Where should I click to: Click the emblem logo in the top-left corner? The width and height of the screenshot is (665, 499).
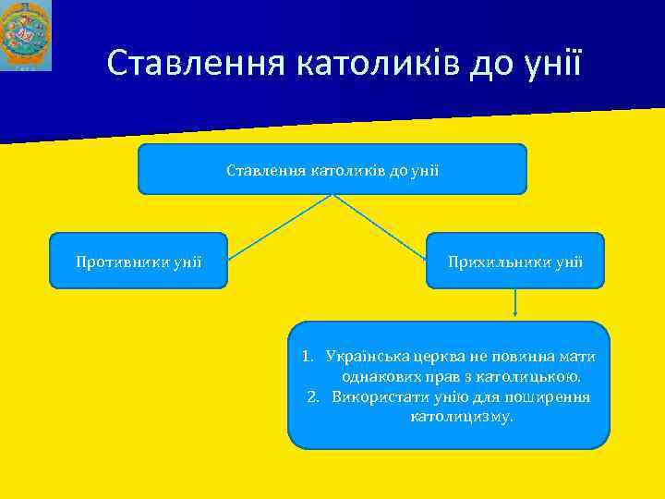tap(26, 35)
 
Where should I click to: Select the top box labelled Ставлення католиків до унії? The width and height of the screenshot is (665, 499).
tap(332, 169)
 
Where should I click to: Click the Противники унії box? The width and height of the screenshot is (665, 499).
tap(139, 261)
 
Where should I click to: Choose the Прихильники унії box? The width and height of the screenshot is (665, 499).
tap(514, 261)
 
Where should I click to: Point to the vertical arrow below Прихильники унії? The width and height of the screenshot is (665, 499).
tap(514, 305)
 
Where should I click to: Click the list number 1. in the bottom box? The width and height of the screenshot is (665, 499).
tap(309, 357)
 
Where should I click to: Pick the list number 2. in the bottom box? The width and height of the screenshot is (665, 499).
tap(313, 397)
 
